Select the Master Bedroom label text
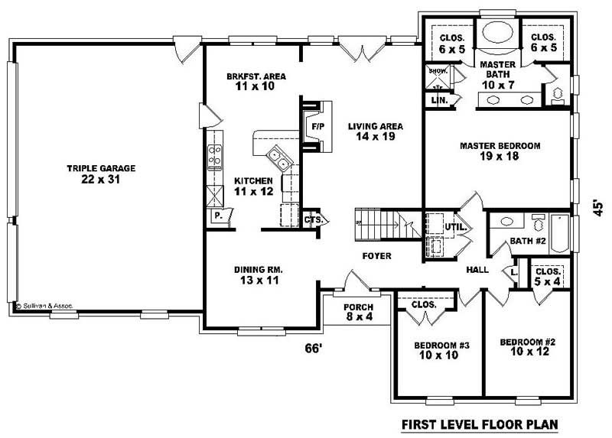(x=500, y=151)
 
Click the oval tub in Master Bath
(x=496, y=36)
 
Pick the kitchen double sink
(x=278, y=161)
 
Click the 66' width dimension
(x=313, y=349)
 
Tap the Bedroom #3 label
(x=435, y=349)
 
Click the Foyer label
(x=377, y=255)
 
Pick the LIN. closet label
(x=439, y=100)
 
